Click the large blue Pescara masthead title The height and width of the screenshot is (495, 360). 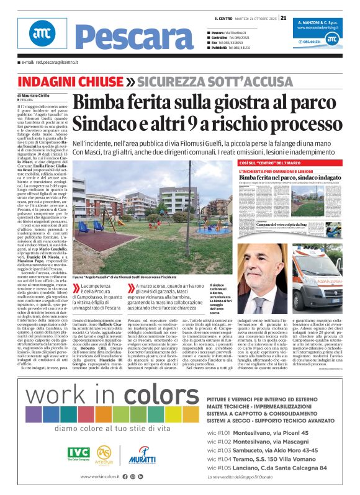(124, 38)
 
